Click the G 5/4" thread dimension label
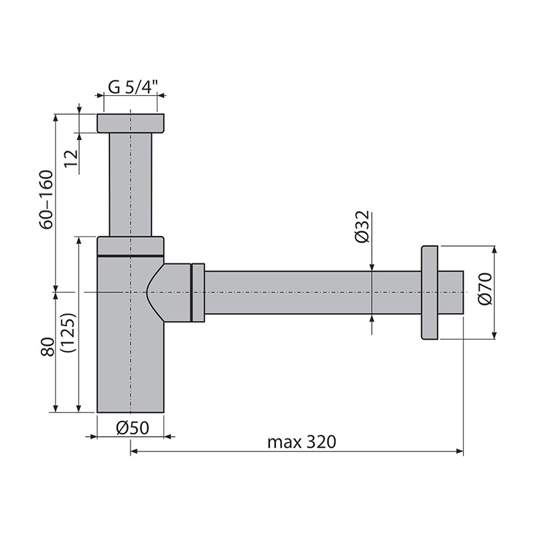pyautogui.click(x=133, y=88)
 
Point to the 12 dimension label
pyautogui.click(x=72, y=159)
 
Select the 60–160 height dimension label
pyautogui.click(x=46, y=200)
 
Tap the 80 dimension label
pyautogui.click(x=48, y=347)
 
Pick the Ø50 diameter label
pyautogui.click(x=133, y=427)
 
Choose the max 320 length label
pyautogui.click(x=302, y=442)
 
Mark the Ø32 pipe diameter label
pyautogui.click(x=362, y=226)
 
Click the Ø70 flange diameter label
pyautogui.click(x=485, y=289)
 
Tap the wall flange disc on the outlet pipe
pyautogui.click(x=429, y=293)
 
